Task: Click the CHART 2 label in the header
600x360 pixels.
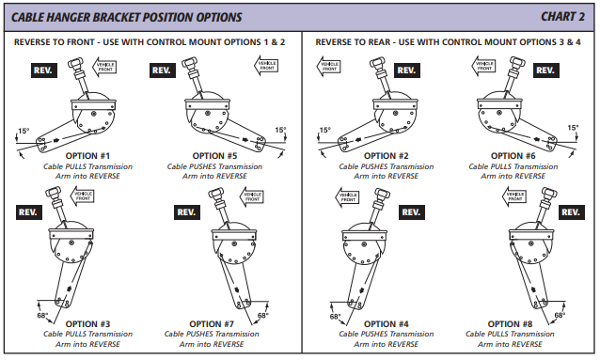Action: (562, 17)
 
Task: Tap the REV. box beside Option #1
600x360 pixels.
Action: (44, 70)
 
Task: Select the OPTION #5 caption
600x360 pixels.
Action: (214, 156)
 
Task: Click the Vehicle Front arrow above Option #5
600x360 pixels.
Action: (266, 66)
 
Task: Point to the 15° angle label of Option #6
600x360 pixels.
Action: (573, 128)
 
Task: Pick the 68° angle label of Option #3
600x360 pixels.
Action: (42, 315)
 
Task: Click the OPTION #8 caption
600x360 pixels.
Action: (510, 324)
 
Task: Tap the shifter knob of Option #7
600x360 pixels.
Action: (216, 194)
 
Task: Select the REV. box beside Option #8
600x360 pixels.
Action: (571, 212)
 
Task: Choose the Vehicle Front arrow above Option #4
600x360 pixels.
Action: (347, 197)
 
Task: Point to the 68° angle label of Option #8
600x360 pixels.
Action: (560, 315)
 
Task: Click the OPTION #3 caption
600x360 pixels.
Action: (87, 324)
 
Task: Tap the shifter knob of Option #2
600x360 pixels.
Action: (378, 63)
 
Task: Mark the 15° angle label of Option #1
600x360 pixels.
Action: (24, 131)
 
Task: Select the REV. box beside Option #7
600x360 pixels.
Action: (187, 212)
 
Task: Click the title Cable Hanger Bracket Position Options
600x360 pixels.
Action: (126, 17)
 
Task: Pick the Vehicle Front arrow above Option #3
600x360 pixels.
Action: (82, 196)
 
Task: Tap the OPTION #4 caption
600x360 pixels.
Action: (387, 324)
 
